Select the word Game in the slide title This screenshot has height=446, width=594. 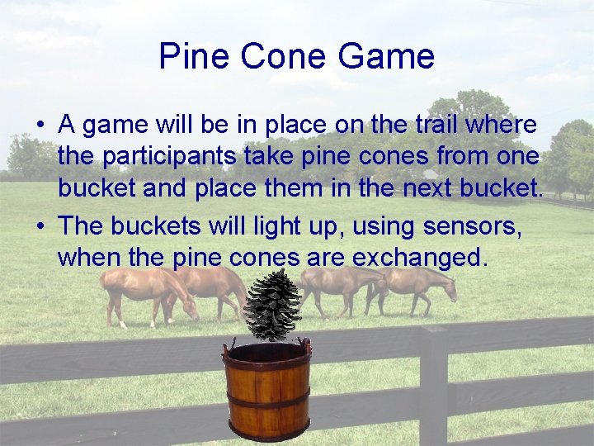click(386, 56)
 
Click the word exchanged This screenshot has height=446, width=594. click(420, 258)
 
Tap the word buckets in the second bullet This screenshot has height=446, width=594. click(161, 225)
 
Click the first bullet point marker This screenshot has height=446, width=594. click(40, 126)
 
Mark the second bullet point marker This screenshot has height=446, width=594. click(40, 225)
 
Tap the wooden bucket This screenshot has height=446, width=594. click(266, 388)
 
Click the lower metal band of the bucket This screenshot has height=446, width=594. click(267, 404)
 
